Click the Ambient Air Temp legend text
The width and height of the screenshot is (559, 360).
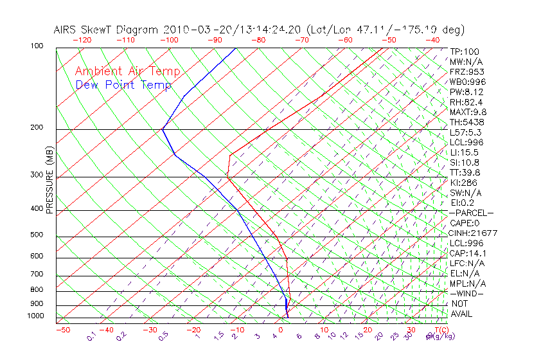point(127,71)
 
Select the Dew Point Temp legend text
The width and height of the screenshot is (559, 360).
point(123,85)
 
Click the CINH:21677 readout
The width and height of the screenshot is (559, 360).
point(474,233)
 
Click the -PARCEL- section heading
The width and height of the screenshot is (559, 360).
point(472,213)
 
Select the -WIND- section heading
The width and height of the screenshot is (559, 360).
point(467,293)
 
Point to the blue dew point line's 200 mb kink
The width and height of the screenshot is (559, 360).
point(163,129)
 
